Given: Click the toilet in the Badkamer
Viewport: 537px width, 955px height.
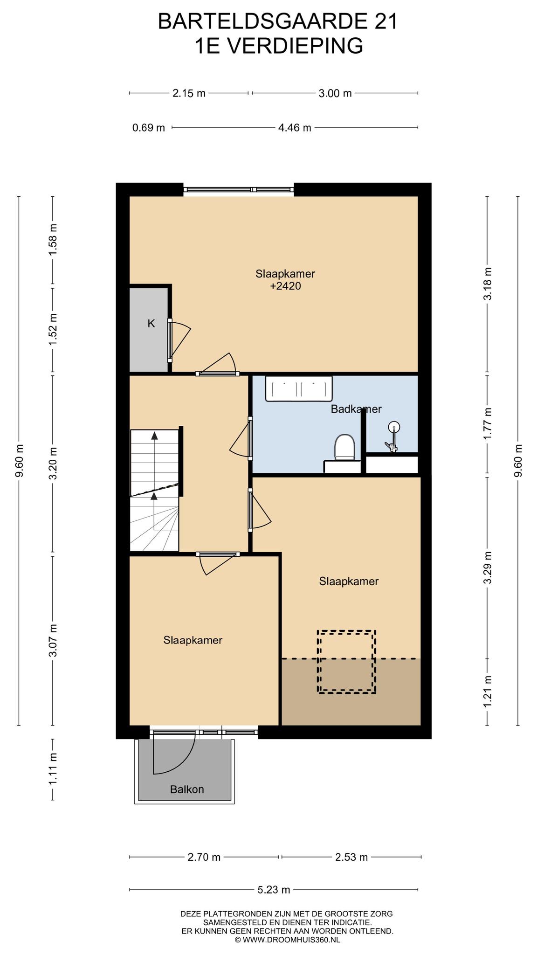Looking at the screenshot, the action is coord(345,448).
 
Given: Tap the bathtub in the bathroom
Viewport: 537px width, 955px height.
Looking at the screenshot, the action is coord(299,388).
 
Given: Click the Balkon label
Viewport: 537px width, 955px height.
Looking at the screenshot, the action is coord(187,789).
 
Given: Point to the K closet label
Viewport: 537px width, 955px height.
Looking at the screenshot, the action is coord(151,324).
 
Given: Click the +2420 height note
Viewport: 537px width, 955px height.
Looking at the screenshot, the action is coord(285,286).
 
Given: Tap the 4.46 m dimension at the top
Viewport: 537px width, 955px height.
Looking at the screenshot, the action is coord(295,127).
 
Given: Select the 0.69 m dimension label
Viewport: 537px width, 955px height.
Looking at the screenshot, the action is coord(149,127).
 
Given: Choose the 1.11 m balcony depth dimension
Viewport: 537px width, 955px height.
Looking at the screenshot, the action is coord(53,769).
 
